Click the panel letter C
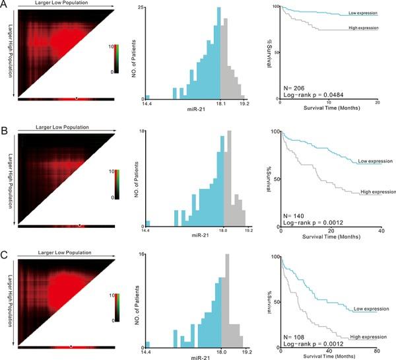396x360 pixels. pos(5,253)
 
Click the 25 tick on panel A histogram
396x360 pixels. pos(141,7)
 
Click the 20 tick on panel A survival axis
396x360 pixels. pos(376,103)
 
